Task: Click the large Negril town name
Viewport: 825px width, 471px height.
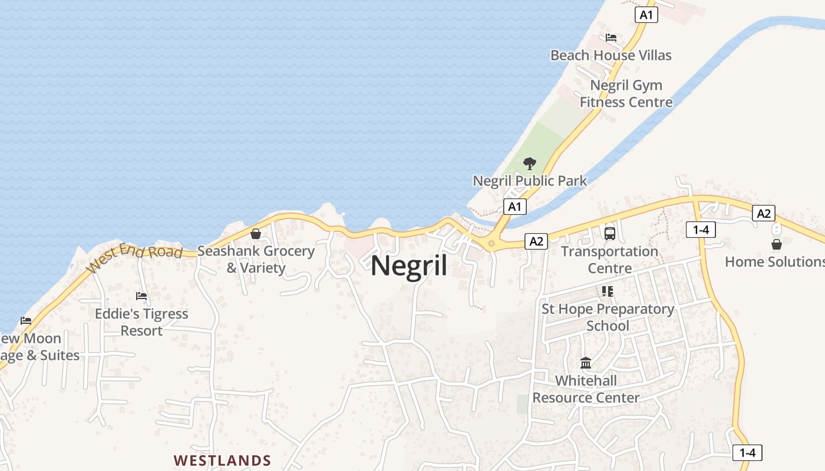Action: coord(409,266)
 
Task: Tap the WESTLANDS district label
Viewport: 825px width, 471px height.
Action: coord(222,460)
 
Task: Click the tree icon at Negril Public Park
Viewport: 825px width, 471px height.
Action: coord(530,163)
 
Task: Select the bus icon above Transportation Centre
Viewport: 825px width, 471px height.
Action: coord(609,233)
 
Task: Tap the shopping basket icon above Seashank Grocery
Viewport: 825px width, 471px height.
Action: coord(256,234)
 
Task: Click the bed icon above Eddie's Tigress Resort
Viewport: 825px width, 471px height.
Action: coord(141,296)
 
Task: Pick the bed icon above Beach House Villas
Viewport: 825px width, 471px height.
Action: coord(611,38)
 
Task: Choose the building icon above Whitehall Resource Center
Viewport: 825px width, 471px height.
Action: coord(586,363)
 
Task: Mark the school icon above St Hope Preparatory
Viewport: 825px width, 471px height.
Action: coord(608,291)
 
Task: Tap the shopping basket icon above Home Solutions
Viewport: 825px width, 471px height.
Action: coord(777,244)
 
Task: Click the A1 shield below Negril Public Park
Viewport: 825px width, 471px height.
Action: coord(515,206)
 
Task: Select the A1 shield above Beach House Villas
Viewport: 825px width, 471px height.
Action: coord(646,15)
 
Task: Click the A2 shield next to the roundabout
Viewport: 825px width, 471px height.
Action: coord(536,240)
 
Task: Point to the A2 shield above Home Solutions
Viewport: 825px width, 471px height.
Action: coord(764,213)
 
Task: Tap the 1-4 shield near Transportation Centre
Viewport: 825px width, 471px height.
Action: coord(701,230)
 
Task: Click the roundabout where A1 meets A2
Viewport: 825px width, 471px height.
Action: coord(491,243)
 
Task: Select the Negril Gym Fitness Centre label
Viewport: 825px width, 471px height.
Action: coord(626,94)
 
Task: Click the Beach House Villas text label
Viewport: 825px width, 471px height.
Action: coord(610,55)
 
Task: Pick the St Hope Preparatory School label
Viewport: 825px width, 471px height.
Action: coord(608,317)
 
